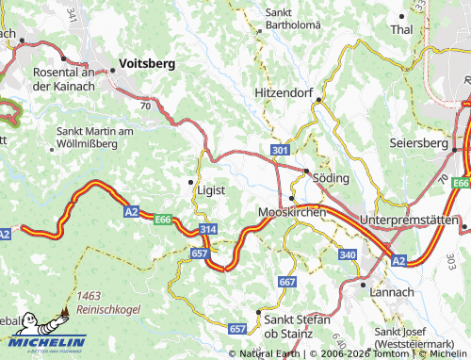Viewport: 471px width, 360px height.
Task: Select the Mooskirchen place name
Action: click(291, 213)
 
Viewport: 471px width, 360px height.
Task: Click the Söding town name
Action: click(331, 177)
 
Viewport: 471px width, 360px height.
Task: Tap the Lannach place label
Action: click(394, 292)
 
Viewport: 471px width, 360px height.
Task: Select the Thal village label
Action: click(401, 30)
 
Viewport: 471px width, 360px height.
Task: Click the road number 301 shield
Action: click(278, 150)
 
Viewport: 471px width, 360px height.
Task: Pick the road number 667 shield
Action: click(287, 282)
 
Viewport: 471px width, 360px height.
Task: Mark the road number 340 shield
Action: click(348, 254)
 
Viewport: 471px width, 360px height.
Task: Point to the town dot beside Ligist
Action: click(191, 181)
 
